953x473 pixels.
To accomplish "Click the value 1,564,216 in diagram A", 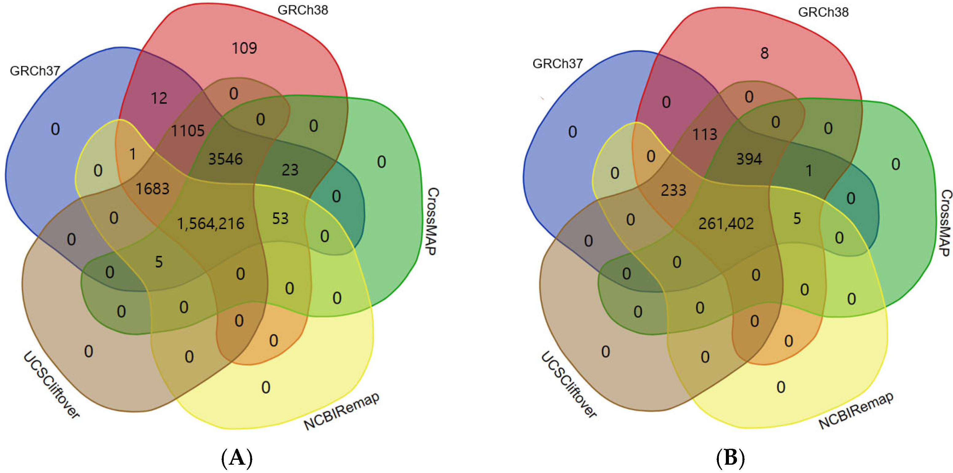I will point(211,224).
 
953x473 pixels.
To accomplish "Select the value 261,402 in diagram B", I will point(726,224).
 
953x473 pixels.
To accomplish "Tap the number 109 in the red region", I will point(244,48).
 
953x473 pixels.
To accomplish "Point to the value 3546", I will point(225,159).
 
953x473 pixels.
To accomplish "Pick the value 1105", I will point(188,131).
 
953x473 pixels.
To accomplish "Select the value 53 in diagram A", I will point(280,218).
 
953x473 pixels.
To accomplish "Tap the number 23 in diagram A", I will point(290,170).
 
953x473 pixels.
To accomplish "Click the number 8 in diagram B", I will point(764,53).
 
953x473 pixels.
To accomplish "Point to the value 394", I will point(749,159).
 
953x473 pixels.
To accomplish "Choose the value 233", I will point(673,190).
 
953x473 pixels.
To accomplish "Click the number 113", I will point(705,134).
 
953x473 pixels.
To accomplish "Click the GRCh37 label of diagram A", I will point(35,71).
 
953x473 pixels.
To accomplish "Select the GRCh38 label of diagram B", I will point(823,12).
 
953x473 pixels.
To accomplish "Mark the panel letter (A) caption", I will point(237,458).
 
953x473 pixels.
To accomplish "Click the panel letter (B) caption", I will point(730,458).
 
